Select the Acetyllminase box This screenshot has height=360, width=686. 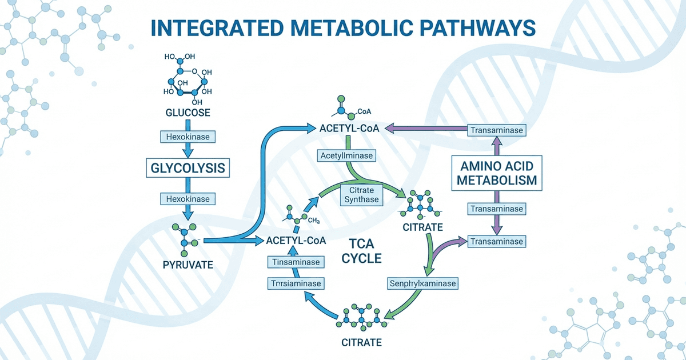346,155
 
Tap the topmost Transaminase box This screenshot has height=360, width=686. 496,131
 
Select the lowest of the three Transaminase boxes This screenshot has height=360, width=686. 496,242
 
